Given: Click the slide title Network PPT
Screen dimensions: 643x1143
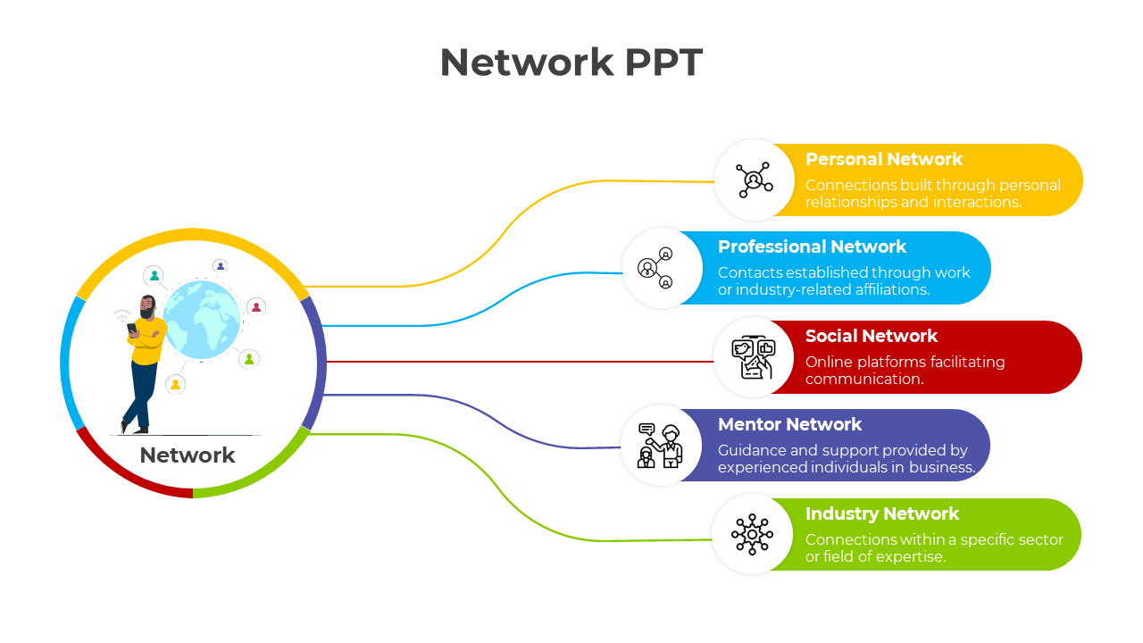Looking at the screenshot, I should [571, 63].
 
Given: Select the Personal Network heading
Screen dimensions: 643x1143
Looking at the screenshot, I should [883, 160].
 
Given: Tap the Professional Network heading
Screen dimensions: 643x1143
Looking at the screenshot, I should [812, 247].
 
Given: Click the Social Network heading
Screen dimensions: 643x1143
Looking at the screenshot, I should [871, 337].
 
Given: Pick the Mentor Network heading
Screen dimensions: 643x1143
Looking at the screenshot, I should [789, 425].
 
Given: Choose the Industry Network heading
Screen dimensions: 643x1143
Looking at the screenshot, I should [881, 514].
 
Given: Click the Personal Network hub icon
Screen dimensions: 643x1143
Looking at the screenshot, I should [755, 180].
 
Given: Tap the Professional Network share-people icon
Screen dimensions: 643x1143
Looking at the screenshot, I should [656, 268].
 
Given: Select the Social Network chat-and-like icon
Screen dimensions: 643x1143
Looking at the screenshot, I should [753, 357].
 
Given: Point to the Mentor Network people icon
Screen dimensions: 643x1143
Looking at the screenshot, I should [660, 446].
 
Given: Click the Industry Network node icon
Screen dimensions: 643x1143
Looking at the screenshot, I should [752, 535].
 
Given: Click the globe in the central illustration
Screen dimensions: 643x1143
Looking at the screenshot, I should [203, 320].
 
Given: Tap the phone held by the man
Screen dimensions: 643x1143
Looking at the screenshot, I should [132, 328].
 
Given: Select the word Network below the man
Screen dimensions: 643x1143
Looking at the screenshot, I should [188, 455].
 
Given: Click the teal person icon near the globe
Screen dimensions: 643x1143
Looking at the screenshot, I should [154, 276].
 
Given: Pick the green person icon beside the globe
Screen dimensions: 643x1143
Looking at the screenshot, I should [249, 359].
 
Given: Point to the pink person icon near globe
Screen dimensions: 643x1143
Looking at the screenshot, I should [256, 307].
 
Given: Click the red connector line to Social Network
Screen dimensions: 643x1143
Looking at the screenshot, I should [518, 362].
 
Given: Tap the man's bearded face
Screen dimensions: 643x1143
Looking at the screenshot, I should [147, 308].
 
